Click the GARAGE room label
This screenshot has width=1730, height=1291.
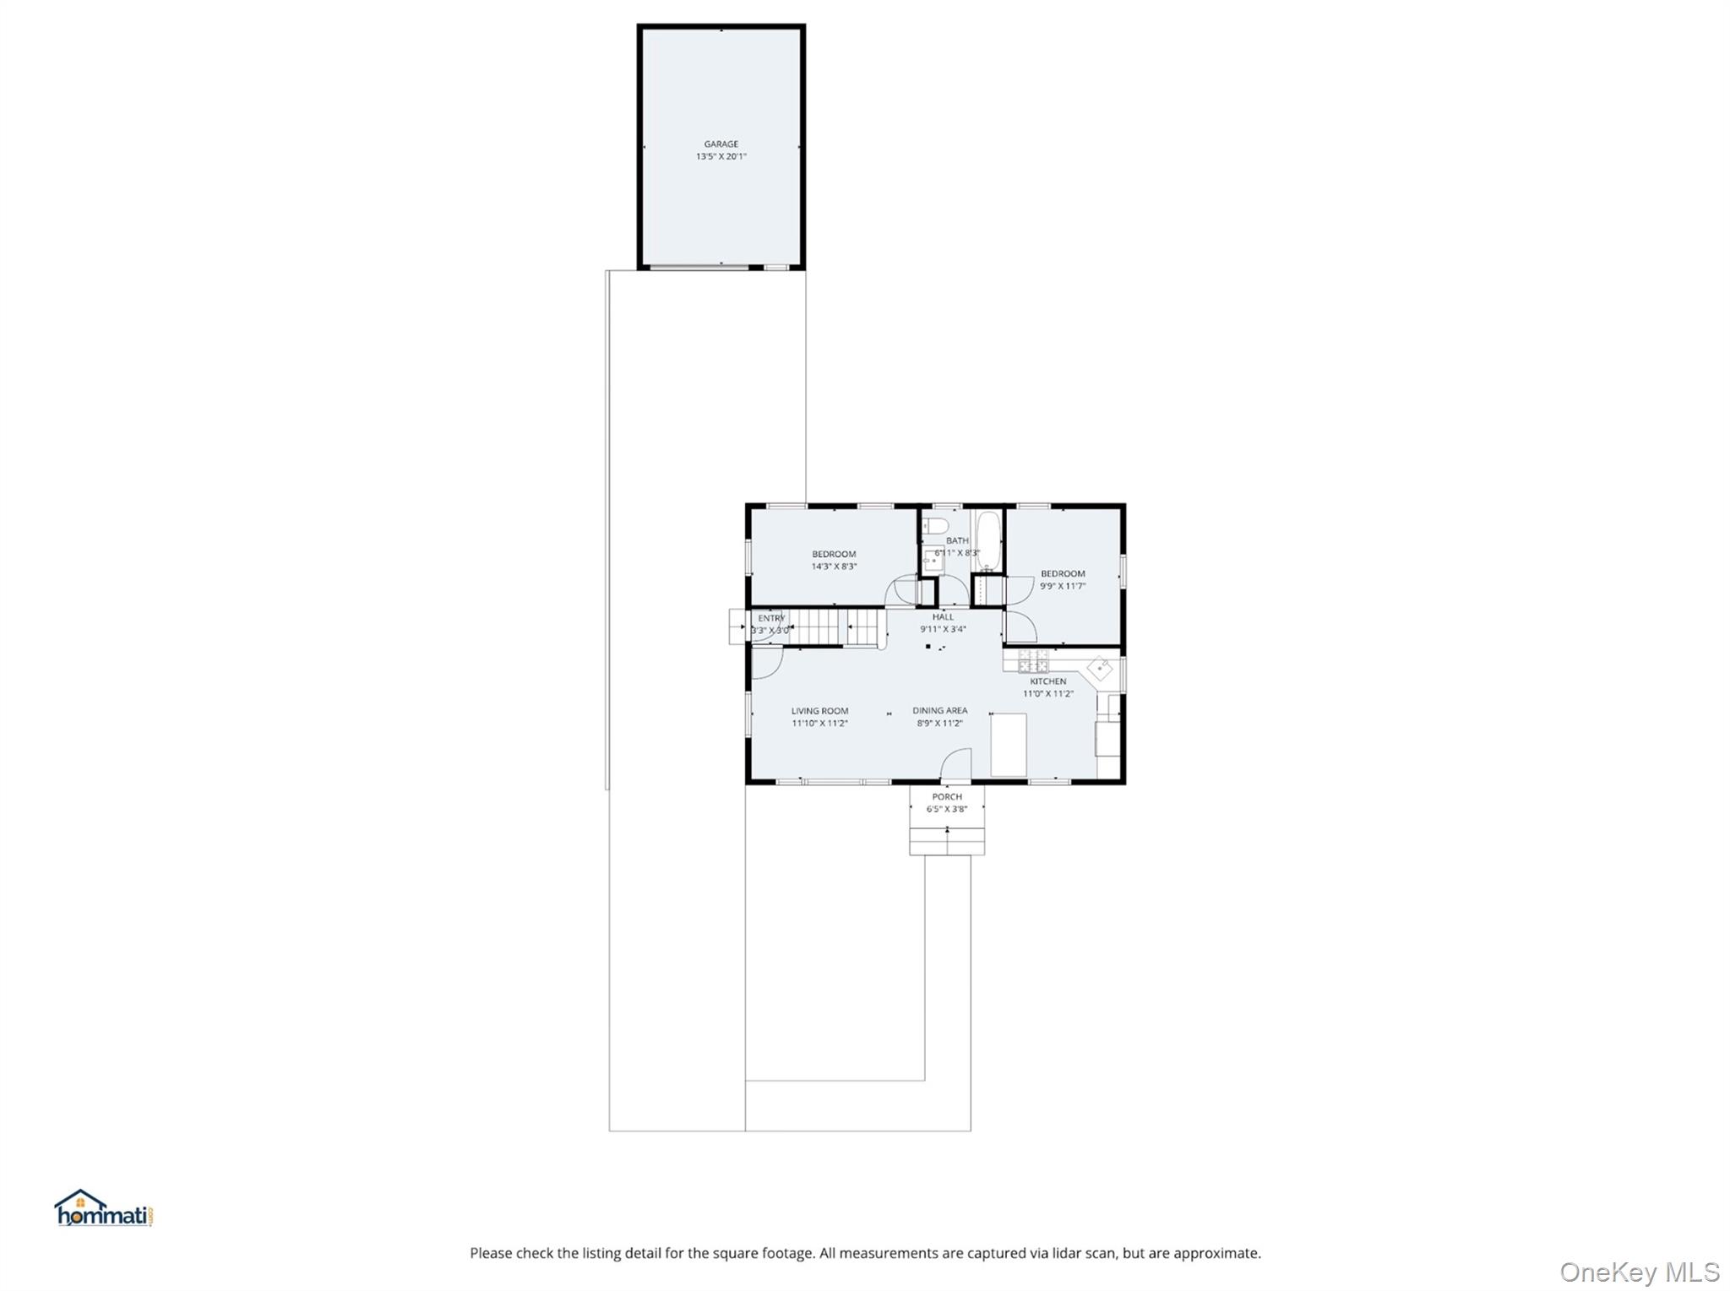coord(721,144)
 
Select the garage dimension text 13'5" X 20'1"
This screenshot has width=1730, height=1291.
coord(721,157)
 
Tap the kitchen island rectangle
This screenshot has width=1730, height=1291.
coord(1009,744)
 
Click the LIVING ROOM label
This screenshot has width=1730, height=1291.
coord(819,711)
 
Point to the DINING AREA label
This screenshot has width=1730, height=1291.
coord(939,711)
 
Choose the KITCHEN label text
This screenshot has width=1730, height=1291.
coord(1047,681)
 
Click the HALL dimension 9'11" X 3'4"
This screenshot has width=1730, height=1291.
coord(943,629)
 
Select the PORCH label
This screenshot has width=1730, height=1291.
coord(947,796)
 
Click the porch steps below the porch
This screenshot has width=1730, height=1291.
coord(947,841)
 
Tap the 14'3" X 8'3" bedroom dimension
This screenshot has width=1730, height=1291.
coord(834,567)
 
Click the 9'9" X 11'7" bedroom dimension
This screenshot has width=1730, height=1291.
coord(1063,586)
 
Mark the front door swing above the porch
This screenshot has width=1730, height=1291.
coord(956,764)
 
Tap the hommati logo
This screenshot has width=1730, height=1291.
coord(104,1209)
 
